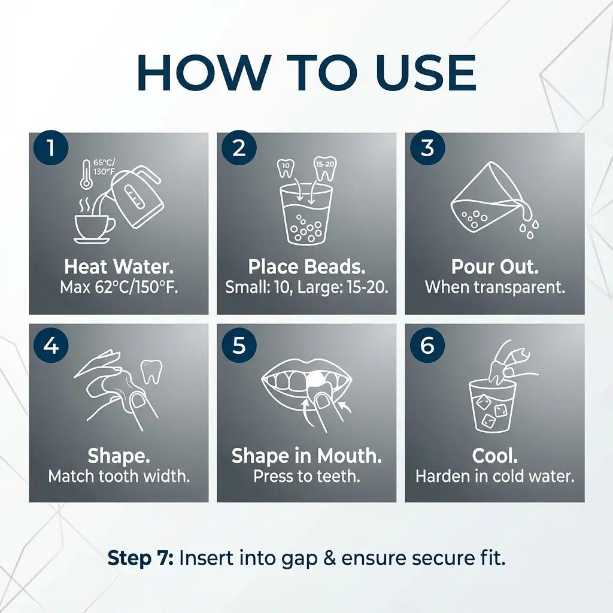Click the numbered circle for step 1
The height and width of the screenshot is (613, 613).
coord(51,148)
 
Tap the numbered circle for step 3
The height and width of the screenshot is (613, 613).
coord(427,148)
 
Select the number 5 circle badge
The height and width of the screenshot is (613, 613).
coord(239,345)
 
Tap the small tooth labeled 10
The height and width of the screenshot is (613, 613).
coord(286,168)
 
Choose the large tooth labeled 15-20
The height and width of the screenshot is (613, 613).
coord(325,168)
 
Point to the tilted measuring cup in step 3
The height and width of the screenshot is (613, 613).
coord(487,199)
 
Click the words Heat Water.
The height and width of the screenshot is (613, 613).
coord(119,266)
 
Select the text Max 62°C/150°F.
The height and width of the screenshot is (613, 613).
coord(119,287)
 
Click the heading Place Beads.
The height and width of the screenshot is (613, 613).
coord(307,266)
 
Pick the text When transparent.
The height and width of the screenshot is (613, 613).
coord(495,287)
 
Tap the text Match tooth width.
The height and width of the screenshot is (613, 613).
coord(119,476)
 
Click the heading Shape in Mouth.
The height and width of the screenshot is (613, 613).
coord(307,456)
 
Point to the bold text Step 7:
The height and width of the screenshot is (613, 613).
coord(141,558)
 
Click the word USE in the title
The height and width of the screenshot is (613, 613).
coord(426,73)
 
